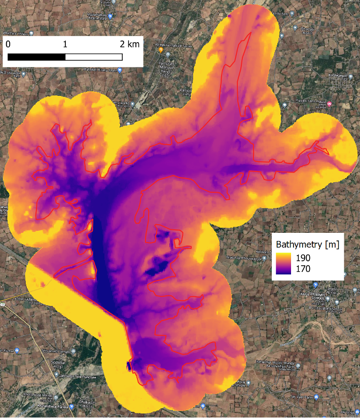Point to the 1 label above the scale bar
(65, 44)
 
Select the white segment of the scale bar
(94, 57)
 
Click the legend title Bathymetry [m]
(307, 245)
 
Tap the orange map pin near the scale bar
(161, 50)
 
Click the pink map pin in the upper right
(330, 104)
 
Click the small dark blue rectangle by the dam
(129, 365)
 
